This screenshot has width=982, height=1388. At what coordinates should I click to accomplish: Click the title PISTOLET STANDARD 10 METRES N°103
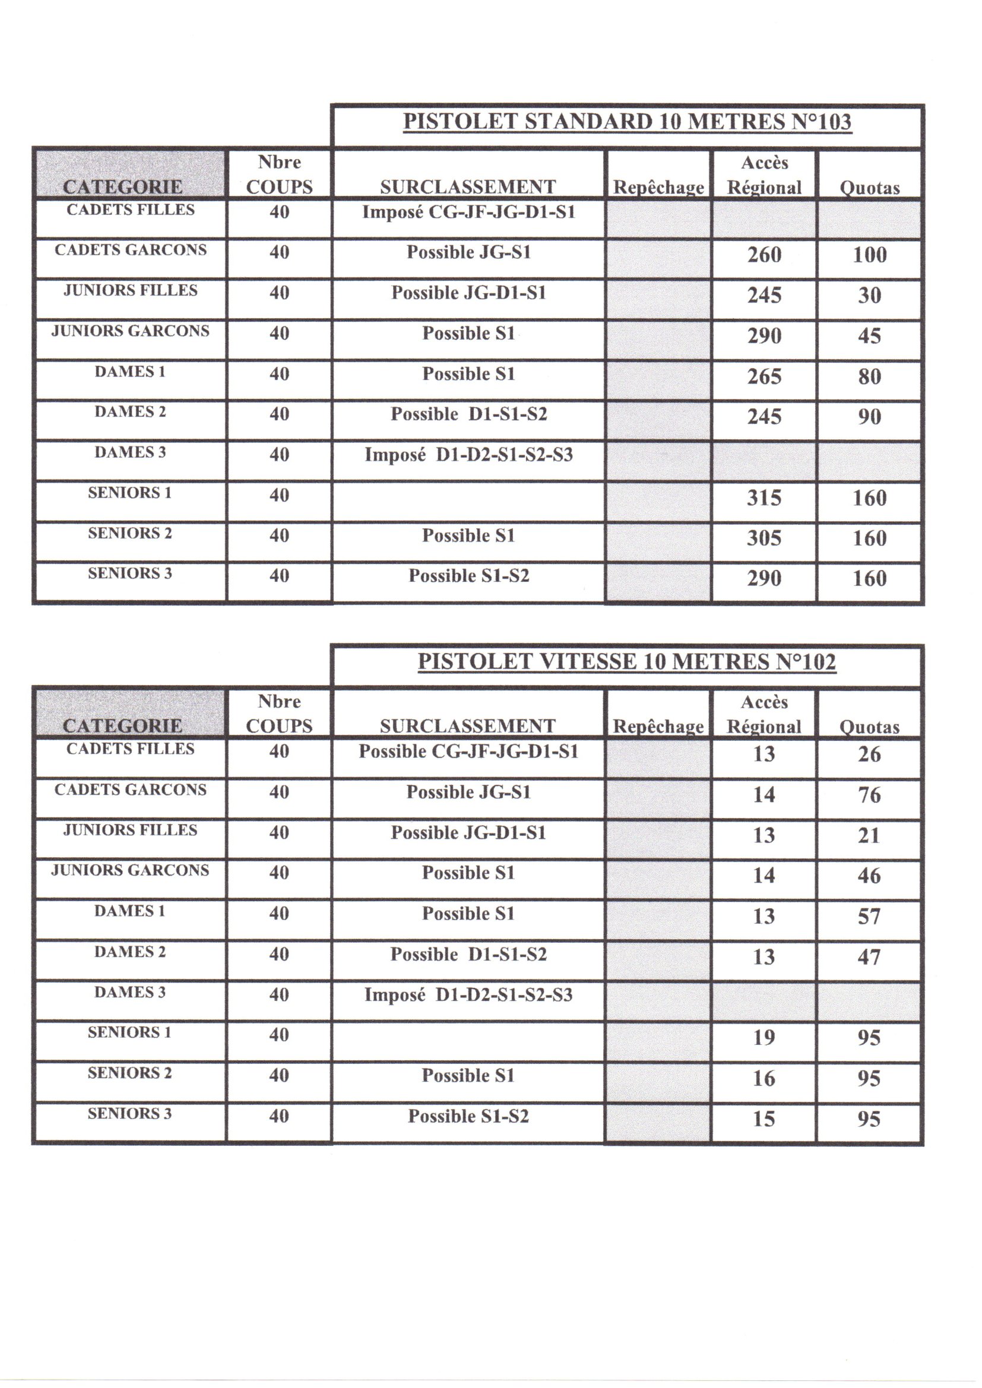[x=627, y=122]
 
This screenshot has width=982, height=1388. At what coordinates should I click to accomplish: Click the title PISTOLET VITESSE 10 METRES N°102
[x=627, y=661]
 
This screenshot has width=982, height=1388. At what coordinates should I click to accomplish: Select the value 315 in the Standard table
[x=764, y=498]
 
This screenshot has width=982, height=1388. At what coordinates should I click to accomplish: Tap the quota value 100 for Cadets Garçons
[x=870, y=255]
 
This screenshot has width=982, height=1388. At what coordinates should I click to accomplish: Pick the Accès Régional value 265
[x=764, y=376]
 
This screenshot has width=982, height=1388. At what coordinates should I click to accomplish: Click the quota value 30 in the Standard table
[x=870, y=295]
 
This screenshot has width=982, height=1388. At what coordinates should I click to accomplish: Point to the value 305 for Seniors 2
[x=764, y=538]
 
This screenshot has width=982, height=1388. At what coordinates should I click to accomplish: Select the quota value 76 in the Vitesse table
[x=869, y=794]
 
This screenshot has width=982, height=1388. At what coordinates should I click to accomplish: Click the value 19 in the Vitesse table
[x=764, y=1037]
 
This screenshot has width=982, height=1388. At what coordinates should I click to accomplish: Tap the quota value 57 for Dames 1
[x=869, y=917]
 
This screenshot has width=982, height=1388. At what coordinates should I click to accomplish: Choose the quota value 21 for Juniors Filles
[x=869, y=835]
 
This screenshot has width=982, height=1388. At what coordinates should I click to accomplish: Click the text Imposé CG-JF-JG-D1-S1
[x=468, y=212]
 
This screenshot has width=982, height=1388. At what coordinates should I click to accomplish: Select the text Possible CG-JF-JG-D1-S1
[x=468, y=752]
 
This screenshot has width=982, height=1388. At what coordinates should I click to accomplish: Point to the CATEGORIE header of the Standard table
[x=123, y=187]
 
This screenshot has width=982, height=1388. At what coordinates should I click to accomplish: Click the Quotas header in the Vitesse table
[x=869, y=727]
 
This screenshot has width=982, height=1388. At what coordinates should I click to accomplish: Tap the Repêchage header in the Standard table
[x=658, y=188]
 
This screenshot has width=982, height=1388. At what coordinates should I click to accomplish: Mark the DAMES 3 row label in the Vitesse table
[x=130, y=992]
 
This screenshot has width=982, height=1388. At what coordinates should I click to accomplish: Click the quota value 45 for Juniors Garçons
[x=870, y=335]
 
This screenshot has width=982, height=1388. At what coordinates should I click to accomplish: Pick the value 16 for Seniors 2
[x=764, y=1078]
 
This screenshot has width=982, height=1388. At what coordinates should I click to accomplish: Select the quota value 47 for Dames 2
[x=869, y=957]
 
